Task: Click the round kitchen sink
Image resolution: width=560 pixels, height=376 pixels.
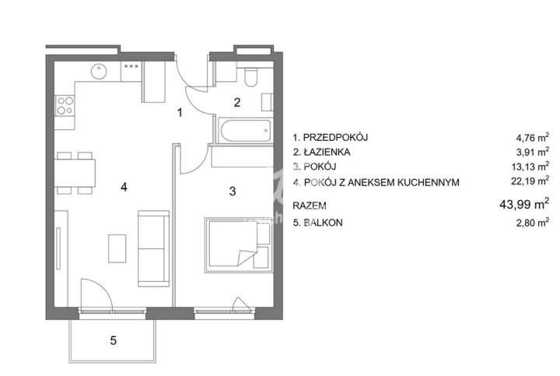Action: (99, 72)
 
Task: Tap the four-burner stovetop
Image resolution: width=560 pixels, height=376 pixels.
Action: (65, 105)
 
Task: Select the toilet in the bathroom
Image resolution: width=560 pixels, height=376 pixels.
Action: (251, 78)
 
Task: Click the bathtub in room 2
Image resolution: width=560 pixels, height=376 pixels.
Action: (246, 131)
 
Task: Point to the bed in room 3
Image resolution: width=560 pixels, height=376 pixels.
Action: (237, 245)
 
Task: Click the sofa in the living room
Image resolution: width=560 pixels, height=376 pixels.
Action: (153, 248)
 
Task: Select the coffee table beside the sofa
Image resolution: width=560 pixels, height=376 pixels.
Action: (117, 248)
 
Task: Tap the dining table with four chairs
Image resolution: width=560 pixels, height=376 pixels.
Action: (75, 173)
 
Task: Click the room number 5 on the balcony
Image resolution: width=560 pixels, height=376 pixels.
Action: (114, 340)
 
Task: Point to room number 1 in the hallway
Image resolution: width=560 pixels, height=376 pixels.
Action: (180, 113)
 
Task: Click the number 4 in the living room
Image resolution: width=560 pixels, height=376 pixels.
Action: (124, 187)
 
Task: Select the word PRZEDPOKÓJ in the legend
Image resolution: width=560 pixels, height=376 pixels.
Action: (335, 137)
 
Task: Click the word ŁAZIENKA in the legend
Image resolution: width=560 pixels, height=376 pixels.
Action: (327, 153)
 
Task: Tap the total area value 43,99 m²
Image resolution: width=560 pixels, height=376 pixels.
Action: (524, 204)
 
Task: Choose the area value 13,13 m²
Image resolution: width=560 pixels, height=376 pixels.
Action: (530, 167)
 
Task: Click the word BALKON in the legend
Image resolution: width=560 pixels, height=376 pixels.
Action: (323, 223)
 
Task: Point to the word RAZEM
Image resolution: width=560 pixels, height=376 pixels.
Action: (310, 206)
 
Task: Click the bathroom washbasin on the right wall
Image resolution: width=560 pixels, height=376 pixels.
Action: (267, 103)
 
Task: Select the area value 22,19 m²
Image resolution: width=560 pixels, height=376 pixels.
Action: (530, 181)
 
